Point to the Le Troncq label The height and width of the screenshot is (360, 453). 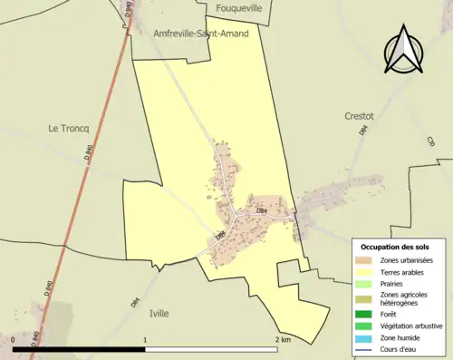click(x=67, y=129)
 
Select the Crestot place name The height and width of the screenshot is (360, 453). click(x=359, y=116)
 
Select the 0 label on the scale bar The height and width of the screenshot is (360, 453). click(x=13, y=340)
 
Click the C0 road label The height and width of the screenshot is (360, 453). click(x=431, y=141)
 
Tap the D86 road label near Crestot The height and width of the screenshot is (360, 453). click(x=362, y=131)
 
